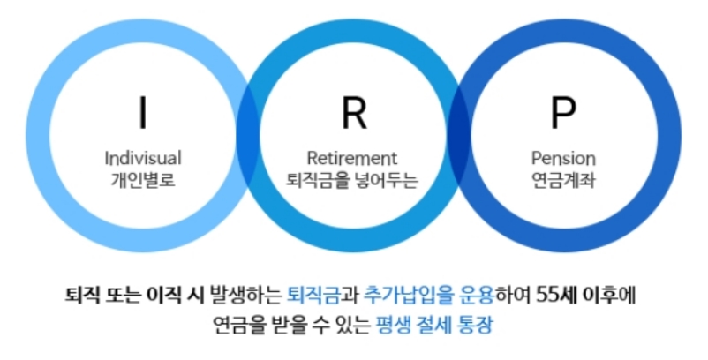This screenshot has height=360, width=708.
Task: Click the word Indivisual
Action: click(142, 159)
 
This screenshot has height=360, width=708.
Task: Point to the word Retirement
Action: click(352, 159)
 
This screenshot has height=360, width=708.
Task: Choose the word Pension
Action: click(563, 159)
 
